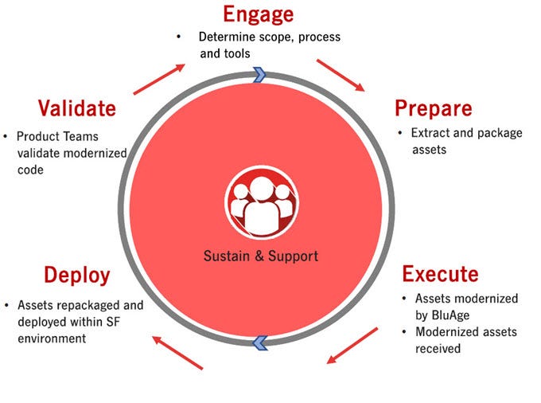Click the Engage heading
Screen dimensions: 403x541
(x=259, y=14)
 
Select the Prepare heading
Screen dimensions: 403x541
(x=433, y=108)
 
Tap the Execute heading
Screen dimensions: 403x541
(x=440, y=275)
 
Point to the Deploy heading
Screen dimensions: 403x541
(x=76, y=276)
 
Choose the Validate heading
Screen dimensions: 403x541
(x=77, y=108)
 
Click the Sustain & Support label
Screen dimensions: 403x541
(x=261, y=256)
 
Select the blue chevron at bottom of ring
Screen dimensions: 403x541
(x=259, y=343)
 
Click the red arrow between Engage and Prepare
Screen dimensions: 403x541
(x=341, y=74)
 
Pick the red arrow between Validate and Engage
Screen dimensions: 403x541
(x=162, y=79)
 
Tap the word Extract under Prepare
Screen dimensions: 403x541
(x=431, y=132)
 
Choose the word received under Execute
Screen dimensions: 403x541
(x=438, y=348)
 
